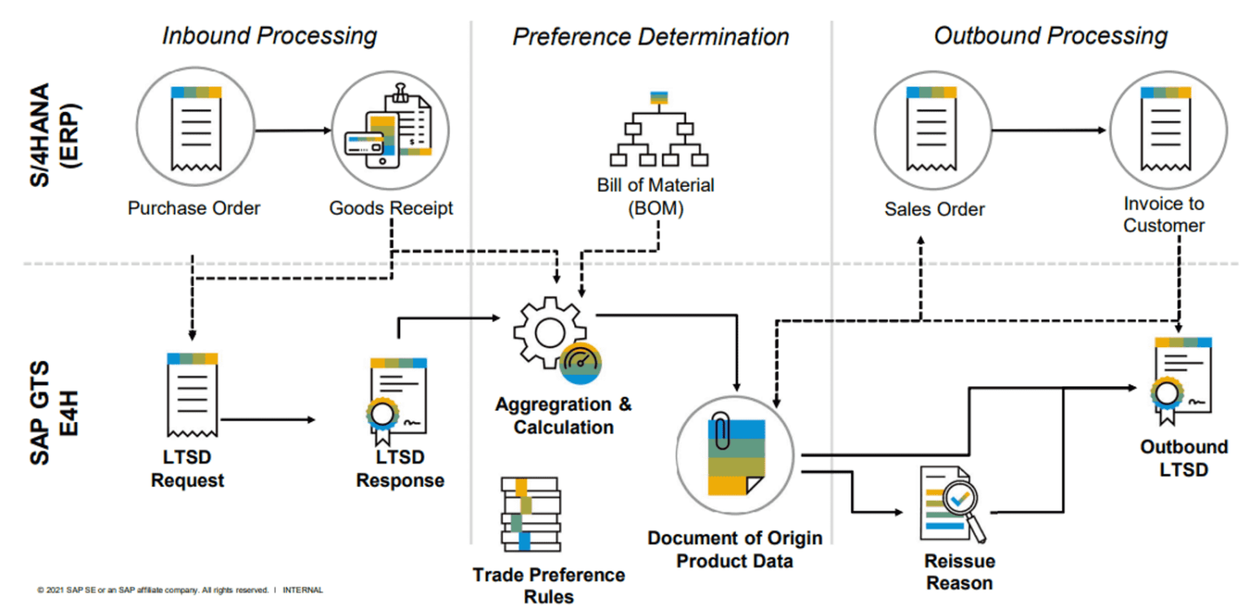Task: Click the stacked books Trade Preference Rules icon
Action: [529, 515]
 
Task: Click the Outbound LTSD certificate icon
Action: [1181, 380]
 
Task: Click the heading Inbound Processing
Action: [269, 36]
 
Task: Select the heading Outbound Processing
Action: [1051, 36]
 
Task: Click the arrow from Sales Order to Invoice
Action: [1049, 130]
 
